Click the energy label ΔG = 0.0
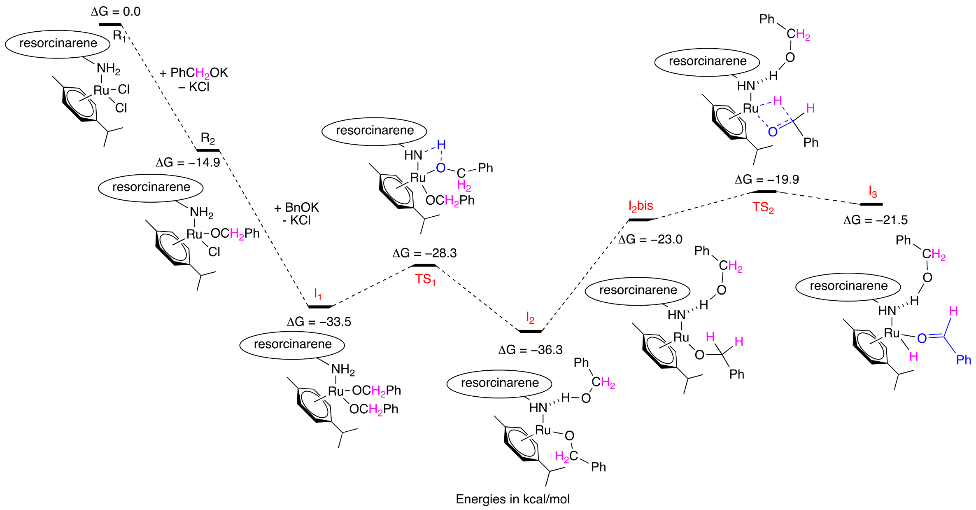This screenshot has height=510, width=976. pyautogui.click(x=116, y=12)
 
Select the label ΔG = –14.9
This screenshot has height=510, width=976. pyautogui.click(x=188, y=163)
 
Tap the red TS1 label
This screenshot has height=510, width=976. pyautogui.click(x=425, y=279)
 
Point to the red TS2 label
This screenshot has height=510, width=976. pyautogui.click(x=763, y=207)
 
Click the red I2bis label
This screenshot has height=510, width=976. pyautogui.click(x=641, y=206)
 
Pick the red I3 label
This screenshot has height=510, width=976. pyautogui.click(x=872, y=192)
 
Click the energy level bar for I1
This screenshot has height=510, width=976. pyautogui.click(x=319, y=306)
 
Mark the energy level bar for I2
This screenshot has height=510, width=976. pyautogui.click(x=530, y=331)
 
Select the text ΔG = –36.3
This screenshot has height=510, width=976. pyautogui.click(x=530, y=350)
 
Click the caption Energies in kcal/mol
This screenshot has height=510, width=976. pyautogui.click(x=512, y=499)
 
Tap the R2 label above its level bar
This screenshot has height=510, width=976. pyautogui.click(x=208, y=138)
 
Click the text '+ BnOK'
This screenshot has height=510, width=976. pyautogui.click(x=296, y=207)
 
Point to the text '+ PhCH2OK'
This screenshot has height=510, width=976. pyautogui.click(x=193, y=73)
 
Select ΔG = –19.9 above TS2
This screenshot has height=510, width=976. pyautogui.click(x=767, y=180)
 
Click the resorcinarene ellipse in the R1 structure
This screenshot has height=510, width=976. pyautogui.click(x=58, y=44)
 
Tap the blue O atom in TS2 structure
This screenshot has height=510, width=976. pyautogui.click(x=773, y=132)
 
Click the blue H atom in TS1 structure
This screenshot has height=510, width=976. pyautogui.click(x=441, y=145)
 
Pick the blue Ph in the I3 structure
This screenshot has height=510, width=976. pyautogui.click(x=963, y=360)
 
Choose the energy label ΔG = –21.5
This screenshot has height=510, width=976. pyautogui.click(x=875, y=220)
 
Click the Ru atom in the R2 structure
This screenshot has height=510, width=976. pyautogui.click(x=194, y=234)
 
